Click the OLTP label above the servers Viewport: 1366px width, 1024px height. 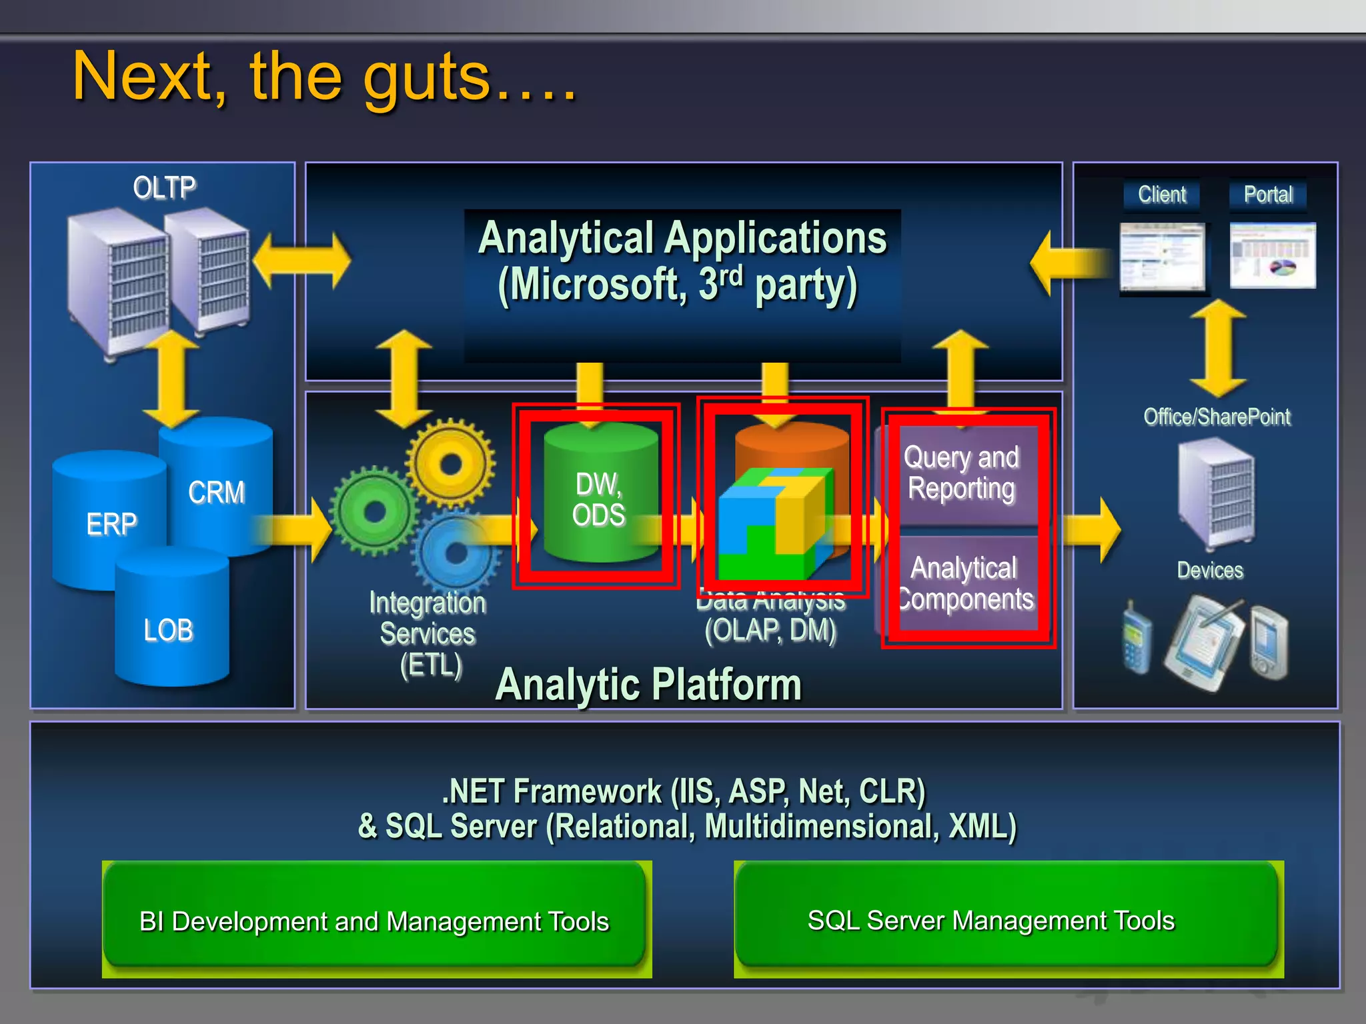click(164, 187)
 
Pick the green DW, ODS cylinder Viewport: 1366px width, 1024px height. click(599, 497)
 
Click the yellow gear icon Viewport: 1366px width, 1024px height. click(451, 463)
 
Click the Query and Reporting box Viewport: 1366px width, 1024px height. click(962, 473)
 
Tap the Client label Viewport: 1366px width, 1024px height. click(1161, 195)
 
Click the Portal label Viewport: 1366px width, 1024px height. click(1267, 195)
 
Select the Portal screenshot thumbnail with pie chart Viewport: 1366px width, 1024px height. click(1273, 255)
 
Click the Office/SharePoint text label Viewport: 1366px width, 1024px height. click(1217, 417)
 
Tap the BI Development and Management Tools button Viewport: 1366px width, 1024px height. click(374, 920)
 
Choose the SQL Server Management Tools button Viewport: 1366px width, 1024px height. click(991, 920)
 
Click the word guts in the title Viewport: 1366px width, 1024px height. click(427, 79)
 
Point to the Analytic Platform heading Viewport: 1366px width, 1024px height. click(648, 684)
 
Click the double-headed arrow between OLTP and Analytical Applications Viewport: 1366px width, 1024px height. click(301, 261)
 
